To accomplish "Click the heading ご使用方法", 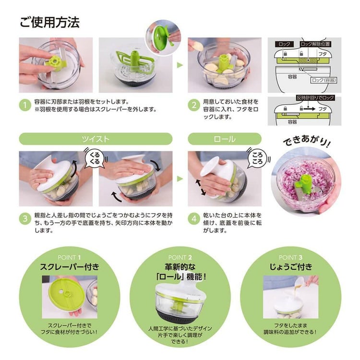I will point(49,22).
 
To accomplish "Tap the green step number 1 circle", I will point(25,106).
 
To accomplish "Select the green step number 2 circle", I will point(194,106).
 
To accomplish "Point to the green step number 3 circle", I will point(25,218).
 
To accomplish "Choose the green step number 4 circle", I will point(194,218).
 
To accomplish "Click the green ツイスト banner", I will point(96,139).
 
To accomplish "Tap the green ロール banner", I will point(224,139).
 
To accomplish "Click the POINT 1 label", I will point(69,257).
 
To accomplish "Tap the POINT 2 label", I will point(180,257).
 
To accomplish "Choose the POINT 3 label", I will point(290,257).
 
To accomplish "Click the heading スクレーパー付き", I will point(69,267).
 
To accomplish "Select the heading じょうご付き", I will point(290,267).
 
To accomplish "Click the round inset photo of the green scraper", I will point(162,37).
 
